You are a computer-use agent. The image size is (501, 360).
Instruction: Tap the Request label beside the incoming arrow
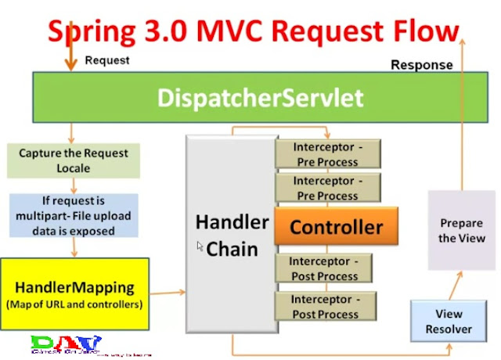pos(108,60)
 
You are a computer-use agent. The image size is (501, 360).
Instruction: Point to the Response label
pos(422,65)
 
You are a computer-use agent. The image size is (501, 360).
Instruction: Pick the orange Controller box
pos(336,228)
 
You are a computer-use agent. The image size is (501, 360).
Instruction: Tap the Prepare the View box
pos(461,231)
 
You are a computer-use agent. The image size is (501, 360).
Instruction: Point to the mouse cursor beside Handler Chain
pos(200,247)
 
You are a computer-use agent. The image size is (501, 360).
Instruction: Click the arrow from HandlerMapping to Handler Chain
pos(166,293)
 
